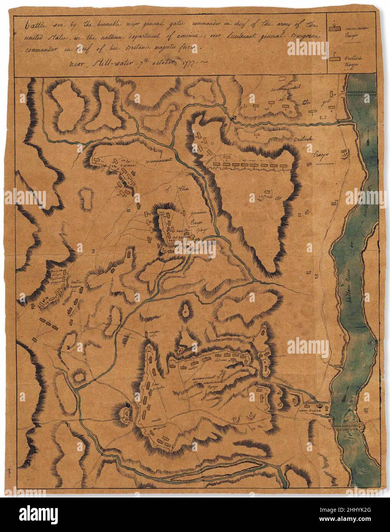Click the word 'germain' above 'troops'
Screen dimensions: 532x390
pyautogui.click(x=194, y=213)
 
